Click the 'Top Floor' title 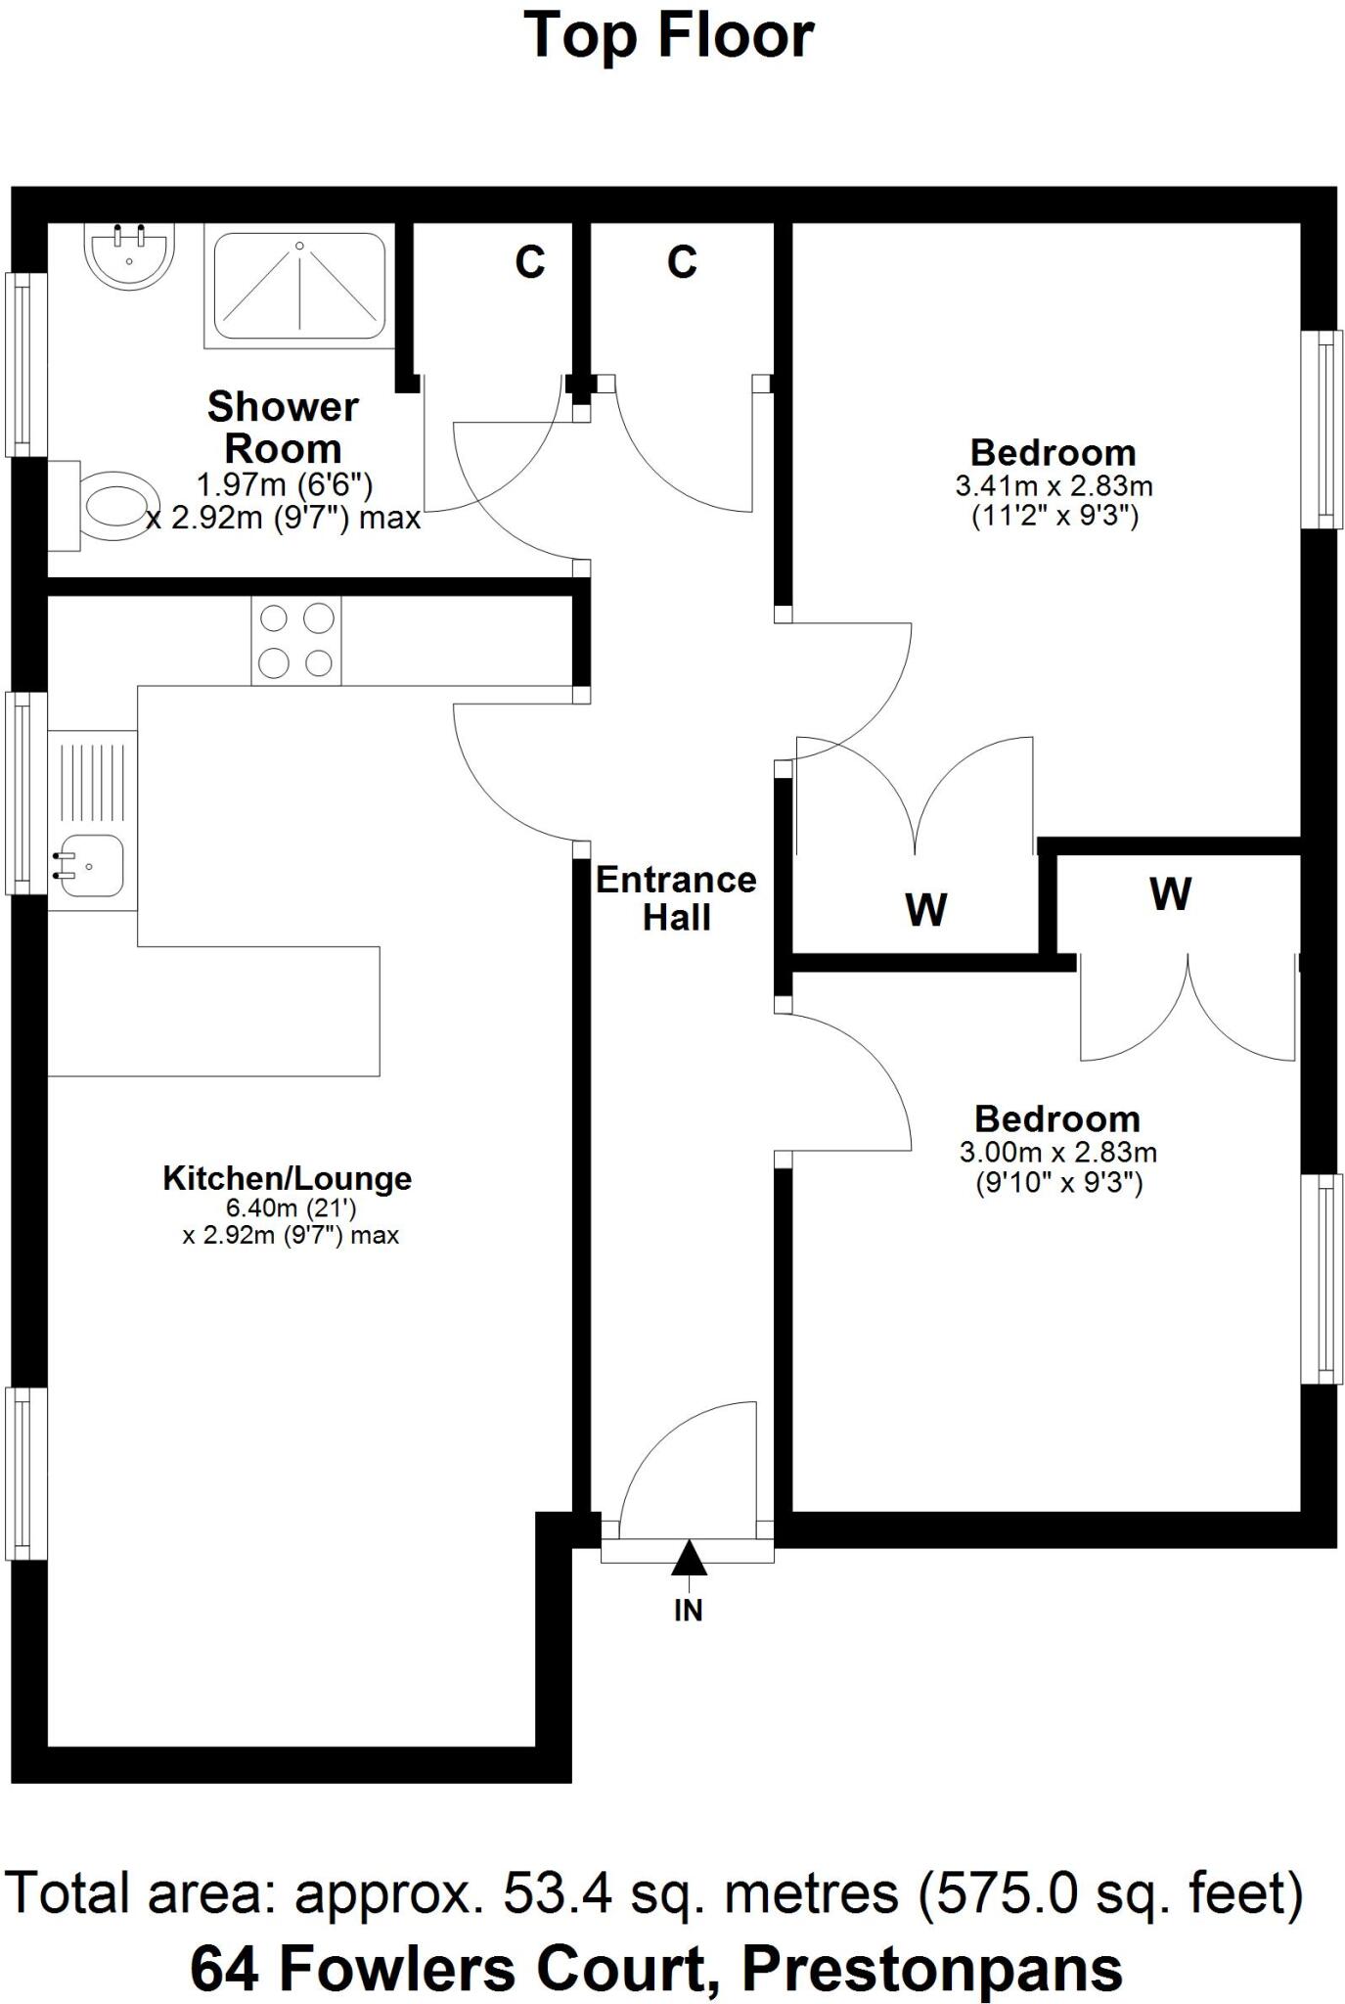[670, 35]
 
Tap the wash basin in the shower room [129, 254]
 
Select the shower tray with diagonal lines [299, 285]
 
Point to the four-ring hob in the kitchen [296, 641]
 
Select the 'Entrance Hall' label [676, 898]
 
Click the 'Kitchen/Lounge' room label [287, 1178]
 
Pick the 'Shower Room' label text [283, 428]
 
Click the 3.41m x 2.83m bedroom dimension [1054, 486]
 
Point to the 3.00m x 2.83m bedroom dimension [1057, 1153]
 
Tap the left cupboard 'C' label [530, 262]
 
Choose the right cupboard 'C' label [682, 262]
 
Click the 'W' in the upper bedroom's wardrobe [925, 910]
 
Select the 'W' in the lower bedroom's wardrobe [1170, 893]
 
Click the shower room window [26, 364]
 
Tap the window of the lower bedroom [1321, 1278]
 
